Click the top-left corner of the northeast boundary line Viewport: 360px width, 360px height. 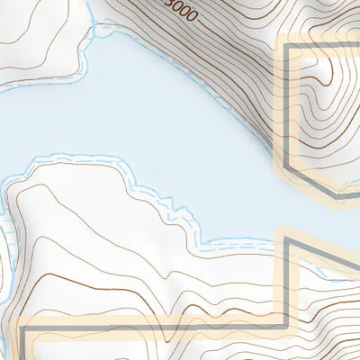290,46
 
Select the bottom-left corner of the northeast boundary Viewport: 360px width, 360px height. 290,167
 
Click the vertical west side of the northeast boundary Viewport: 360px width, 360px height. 290,108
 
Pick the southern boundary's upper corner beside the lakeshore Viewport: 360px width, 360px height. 288,238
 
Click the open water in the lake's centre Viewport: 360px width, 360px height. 135,117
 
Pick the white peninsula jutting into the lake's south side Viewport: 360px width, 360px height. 90,216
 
